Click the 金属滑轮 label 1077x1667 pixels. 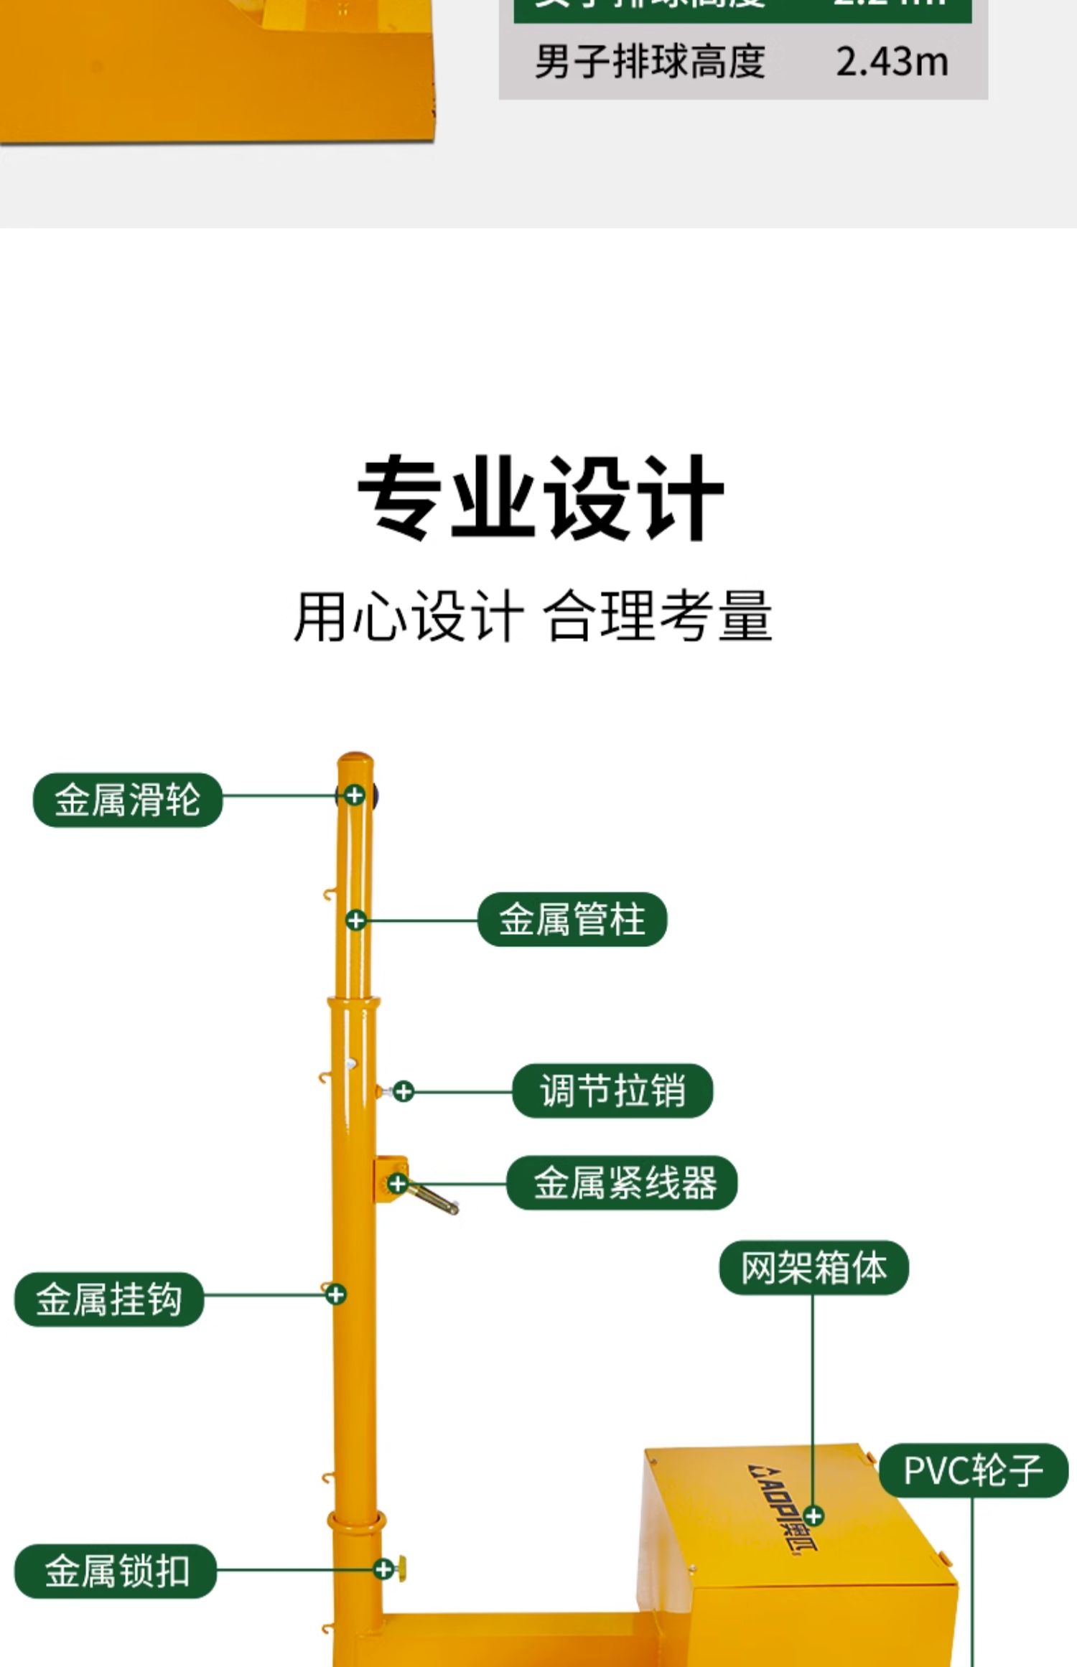128,800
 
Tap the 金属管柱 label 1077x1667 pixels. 572,919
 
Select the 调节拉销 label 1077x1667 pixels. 612,1091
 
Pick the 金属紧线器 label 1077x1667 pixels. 622,1182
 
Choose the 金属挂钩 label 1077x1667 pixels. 109,1299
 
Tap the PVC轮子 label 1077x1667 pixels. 974,1470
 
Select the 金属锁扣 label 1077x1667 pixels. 116,1570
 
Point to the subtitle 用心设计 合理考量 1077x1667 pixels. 533,616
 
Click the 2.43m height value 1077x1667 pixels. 892,62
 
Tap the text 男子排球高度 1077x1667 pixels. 650,62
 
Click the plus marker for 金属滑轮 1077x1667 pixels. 354,795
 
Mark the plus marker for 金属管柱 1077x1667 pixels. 355,920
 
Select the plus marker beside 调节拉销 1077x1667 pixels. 404,1091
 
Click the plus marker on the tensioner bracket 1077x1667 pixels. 398,1183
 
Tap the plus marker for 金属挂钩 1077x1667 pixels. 335,1294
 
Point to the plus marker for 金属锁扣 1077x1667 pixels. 384,1569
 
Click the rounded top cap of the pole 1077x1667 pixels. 355,760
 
